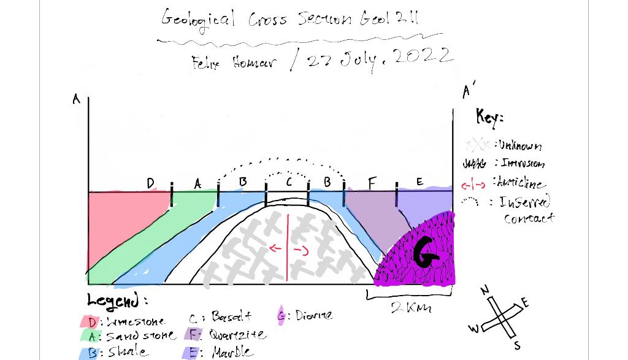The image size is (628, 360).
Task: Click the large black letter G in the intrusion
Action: (427, 253)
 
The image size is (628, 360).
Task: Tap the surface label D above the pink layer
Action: (151, 183)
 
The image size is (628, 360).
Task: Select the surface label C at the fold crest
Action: (289, 182)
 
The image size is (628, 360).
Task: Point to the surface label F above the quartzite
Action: (372, 183)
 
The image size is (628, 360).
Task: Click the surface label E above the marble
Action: (419, 182)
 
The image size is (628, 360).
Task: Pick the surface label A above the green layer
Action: (197, 183)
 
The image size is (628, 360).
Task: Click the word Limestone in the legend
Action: (135, 321)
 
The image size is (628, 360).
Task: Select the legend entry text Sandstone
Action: (140, 336)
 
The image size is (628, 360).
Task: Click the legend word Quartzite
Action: (237, 334)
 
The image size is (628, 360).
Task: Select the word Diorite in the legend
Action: (313, 315)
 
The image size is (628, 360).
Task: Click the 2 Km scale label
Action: (410, 307)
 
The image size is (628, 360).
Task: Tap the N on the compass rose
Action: (484, 289)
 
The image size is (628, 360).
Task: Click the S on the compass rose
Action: (517, 346)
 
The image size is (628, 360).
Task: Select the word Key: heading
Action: (489, 116)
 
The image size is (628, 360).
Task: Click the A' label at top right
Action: (468, 91)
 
